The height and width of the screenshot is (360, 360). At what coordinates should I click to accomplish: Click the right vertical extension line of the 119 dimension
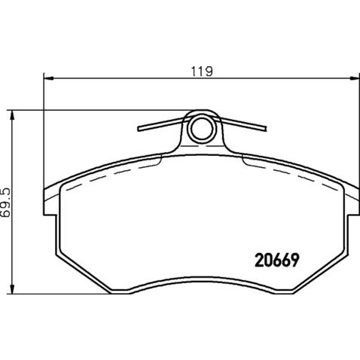pos(353,136)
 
